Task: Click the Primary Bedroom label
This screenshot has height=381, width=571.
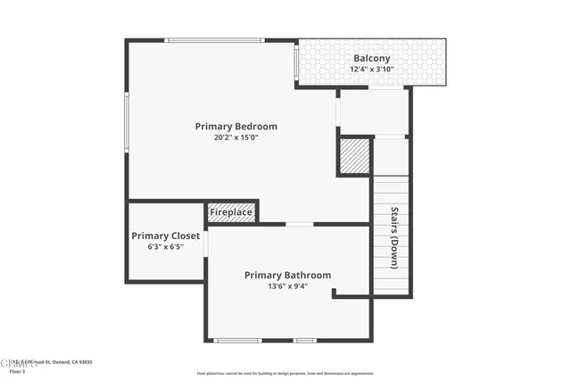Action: (236, 127)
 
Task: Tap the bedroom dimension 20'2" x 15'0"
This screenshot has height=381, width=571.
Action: (236, 138)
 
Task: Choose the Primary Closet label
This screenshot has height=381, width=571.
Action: (165, 236)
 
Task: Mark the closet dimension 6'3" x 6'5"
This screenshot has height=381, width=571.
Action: (165, 247)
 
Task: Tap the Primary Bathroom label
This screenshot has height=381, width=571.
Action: (287, 275)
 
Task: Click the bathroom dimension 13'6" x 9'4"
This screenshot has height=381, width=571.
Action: (287, 286)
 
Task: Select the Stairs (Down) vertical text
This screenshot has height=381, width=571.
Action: (393, 238)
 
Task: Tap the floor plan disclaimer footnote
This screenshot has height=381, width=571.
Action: (285, 373)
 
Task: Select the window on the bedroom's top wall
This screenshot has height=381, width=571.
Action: (215, 40)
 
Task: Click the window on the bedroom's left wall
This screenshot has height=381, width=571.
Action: (127, 120)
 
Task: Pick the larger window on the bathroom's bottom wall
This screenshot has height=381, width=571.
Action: (238, 340)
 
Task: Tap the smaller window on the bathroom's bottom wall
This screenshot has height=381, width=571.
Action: (305, 340)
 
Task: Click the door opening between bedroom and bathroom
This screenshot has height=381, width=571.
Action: (299, 224)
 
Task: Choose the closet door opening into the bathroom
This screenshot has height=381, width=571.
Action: (206, 244)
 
